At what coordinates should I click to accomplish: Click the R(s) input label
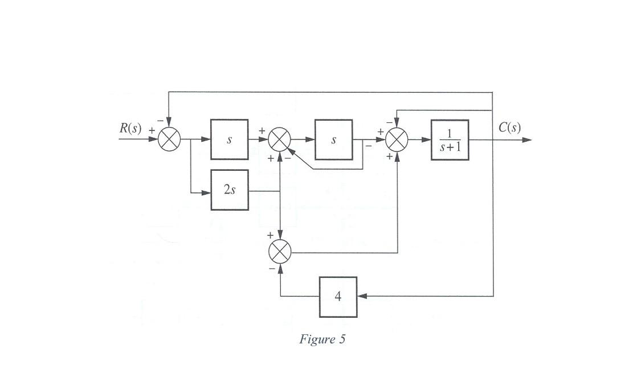(x=130, y=128)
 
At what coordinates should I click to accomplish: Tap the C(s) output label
(x=509, y=128)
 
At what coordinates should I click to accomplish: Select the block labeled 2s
(x=230, y=190)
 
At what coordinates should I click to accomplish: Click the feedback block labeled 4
(x=338, y=297)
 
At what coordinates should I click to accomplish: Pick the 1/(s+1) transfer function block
(x=450, y=140)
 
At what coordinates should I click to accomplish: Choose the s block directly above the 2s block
(x=230, y=140)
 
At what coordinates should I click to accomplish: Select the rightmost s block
(x=334, y=140)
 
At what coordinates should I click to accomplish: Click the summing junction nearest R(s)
(x=169, y=140)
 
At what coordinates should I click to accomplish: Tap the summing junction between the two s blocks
(x=280, y=140)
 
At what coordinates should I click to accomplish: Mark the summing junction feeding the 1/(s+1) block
(x=397, y=140)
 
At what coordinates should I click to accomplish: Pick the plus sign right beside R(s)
(x=152, y=130)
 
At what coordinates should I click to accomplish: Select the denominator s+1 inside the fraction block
(x=450, y=147)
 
